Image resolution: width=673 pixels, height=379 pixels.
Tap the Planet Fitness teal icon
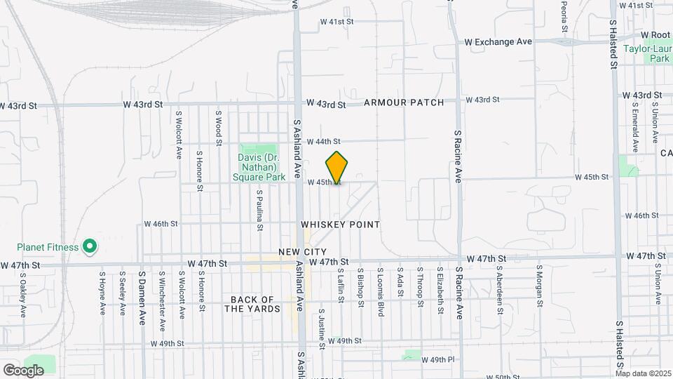pyautogui.click(x=89, y=246)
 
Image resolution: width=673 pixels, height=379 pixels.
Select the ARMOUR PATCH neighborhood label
pyautogui.click(x=404, y=102)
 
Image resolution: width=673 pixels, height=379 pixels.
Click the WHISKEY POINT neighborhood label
pyautogui.click(x=340, y=225)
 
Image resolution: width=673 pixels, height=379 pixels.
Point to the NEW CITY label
pyautogui.click(x=302, y=251)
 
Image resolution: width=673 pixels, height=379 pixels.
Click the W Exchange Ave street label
pyautogui.click(x=498, y=42)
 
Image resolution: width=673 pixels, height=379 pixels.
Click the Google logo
pyautogui.click(x=23, y=370)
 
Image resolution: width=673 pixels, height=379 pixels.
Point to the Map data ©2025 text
pyautogui.click(x=643, y=373)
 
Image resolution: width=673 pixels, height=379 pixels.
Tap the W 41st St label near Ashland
pyautogui.click(x=336, y=22)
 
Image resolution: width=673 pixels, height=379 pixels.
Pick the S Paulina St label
pyautogui.click(x=259, y=210)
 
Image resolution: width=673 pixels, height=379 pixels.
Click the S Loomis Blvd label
pyautogui.click(x=380, y=291)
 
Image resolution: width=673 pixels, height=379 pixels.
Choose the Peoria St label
pyautogui.click(x=564, y=17)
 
